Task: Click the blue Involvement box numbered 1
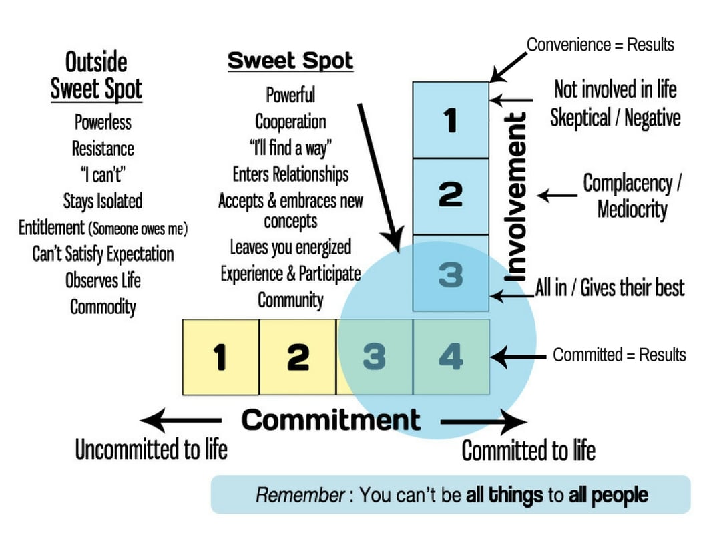pyautogui.click(x=451, y=120)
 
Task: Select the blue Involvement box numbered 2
pyautogui.click(x=451, y=196)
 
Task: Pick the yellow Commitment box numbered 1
pyautogui.click(x=220, y=357)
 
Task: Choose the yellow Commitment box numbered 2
pyautogui.click(x=297, y=357)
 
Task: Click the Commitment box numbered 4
pyautogui.click(x=451, y=357)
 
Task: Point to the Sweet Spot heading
pyautogui.click(x=290, y=61)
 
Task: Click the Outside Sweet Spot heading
pyautogui.click(x=97, y=76)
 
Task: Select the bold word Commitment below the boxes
pyautogui.click(x=331, y=420)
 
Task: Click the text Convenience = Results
pyautogui.click(x=600, y=45)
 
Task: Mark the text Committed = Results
pyautogui.click(x=619, y=355)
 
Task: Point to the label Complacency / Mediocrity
pyautogui.click(x=632, y=196)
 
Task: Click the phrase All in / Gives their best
pyautogui.click(x=610, y=287)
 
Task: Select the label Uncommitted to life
pyautogui.click(x=151, y=449)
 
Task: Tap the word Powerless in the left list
pyautogui.click(x=103, y=123)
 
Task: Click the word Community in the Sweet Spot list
pyautogui.click(x=290, y=300)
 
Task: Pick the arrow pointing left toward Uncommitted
pyautogui.click(x=180, y=421)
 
